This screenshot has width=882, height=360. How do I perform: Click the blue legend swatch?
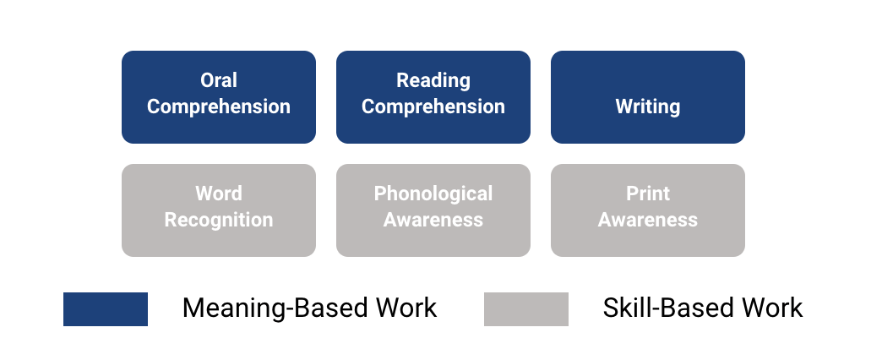point(106,309)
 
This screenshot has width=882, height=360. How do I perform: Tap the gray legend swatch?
point(525,309)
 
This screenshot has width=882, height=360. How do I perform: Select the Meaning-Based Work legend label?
point(309,308)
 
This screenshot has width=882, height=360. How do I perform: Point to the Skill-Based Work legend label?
point(702,308)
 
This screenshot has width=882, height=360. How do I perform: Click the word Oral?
point(218,80)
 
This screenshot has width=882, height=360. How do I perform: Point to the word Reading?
point(433,81)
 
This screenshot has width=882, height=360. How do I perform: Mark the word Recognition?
point(218,221)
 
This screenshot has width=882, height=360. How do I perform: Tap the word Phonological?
point(433,194)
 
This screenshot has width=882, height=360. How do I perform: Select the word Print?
point(647,194)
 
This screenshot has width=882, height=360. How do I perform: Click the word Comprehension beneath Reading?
point(433,106)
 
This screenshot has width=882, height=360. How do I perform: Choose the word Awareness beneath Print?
point(647,221)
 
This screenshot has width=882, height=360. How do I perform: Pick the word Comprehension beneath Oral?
point(218,106)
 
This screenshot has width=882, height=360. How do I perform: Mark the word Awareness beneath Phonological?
point(433,221)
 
